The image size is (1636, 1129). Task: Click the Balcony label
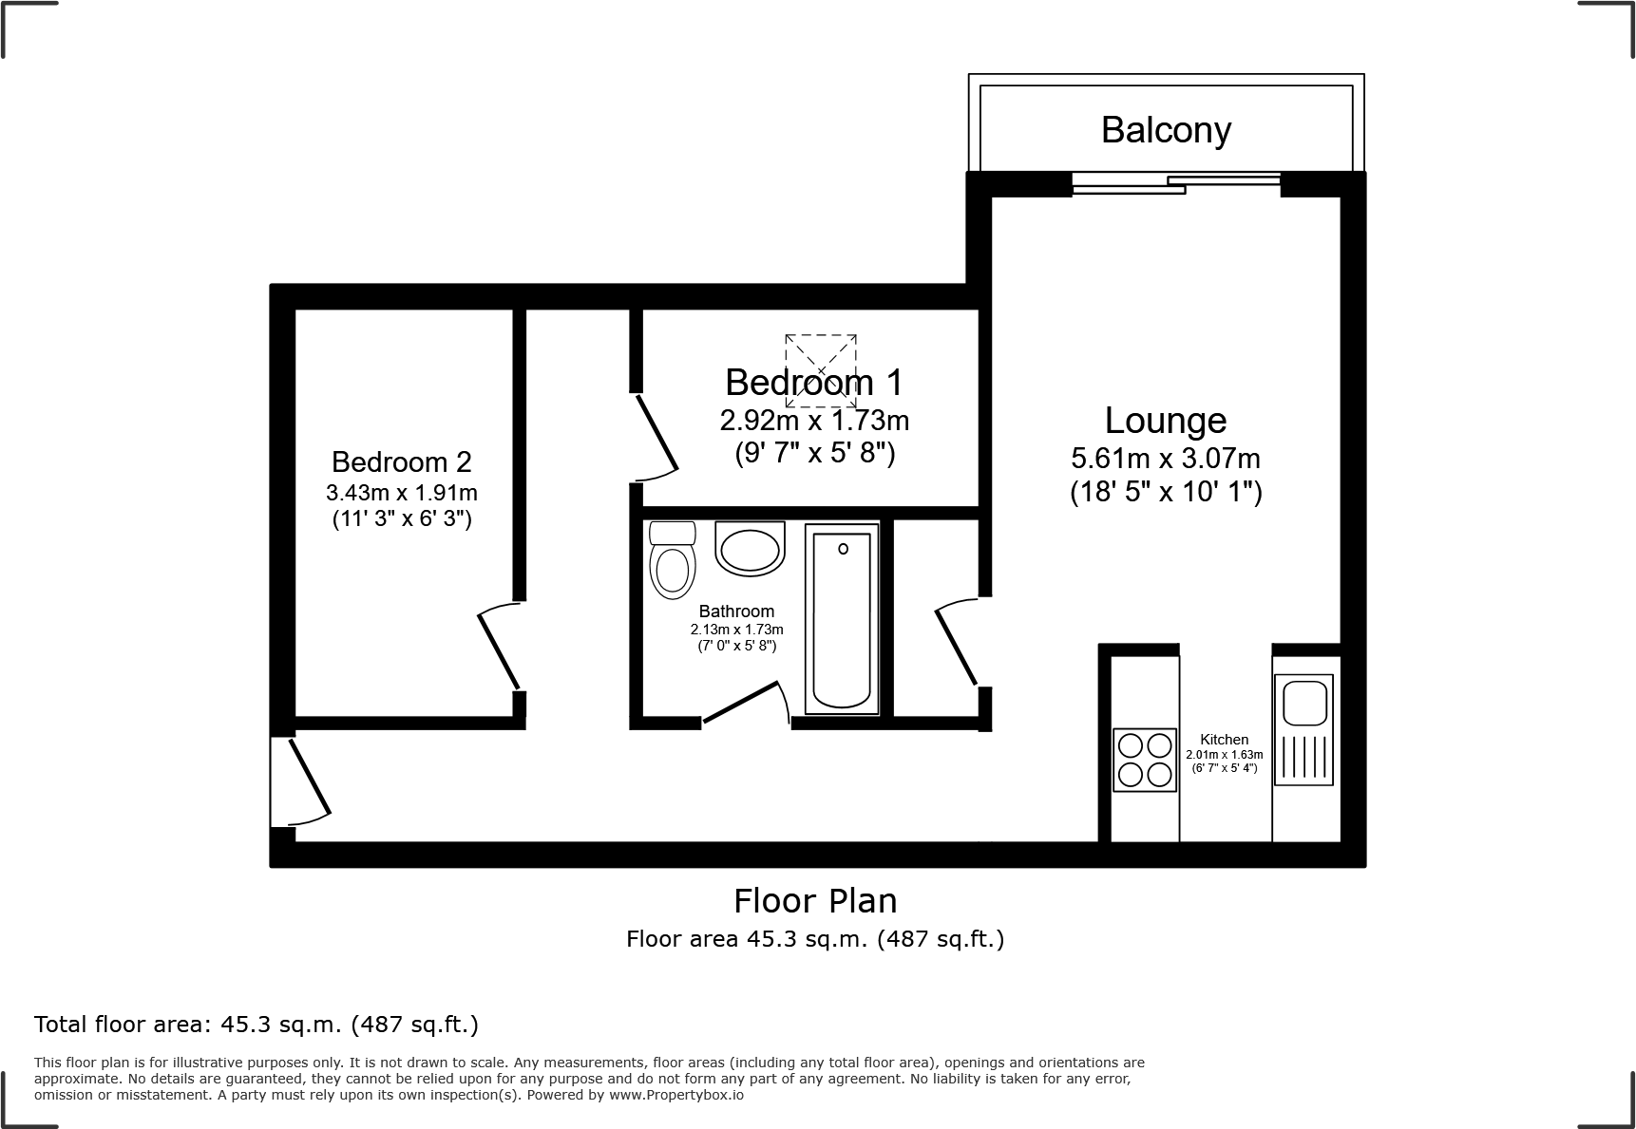point(1166,129)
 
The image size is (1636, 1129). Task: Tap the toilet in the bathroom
point(671,561)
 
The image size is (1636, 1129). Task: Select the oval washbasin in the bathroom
point(750,549)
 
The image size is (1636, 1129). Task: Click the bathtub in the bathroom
point(842,618)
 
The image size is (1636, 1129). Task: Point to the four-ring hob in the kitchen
point(1144,760)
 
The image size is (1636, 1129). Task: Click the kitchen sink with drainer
point(1305,729)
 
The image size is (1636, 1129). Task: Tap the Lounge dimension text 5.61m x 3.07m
point(1166,459)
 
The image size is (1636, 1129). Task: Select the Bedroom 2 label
point(401,462)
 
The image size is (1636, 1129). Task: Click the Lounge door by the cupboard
point(958,644)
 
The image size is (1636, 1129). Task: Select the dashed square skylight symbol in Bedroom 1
point(821,369)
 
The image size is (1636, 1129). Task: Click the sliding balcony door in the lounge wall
point(1176,184)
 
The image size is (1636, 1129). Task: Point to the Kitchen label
point(1224,739)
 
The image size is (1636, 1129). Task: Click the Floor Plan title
point(815,900)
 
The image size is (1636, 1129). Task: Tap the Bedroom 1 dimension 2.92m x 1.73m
point(814,420)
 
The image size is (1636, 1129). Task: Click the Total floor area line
point(257,1025)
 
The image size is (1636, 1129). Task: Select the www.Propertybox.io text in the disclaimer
point(675,1095)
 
